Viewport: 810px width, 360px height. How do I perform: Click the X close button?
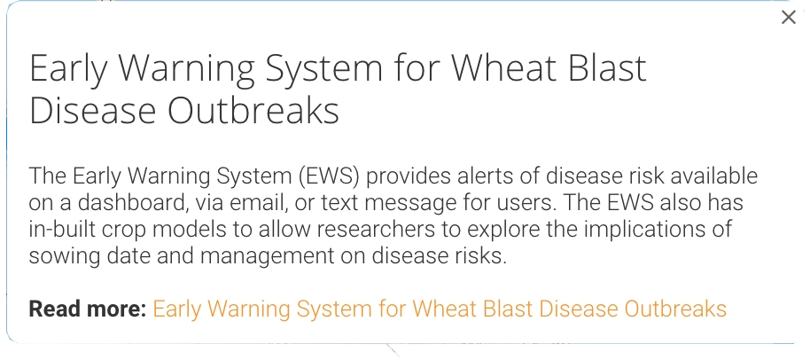(789, 17)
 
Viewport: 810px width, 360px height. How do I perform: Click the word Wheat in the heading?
(506, 67)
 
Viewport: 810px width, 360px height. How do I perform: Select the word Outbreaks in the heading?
(253, 111)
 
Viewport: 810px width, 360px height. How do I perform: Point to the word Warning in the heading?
(191, 68)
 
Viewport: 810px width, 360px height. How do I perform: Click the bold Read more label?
(88, 309)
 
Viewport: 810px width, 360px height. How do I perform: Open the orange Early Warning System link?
(440, 309)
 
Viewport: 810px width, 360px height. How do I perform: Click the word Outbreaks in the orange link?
(675, 309)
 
